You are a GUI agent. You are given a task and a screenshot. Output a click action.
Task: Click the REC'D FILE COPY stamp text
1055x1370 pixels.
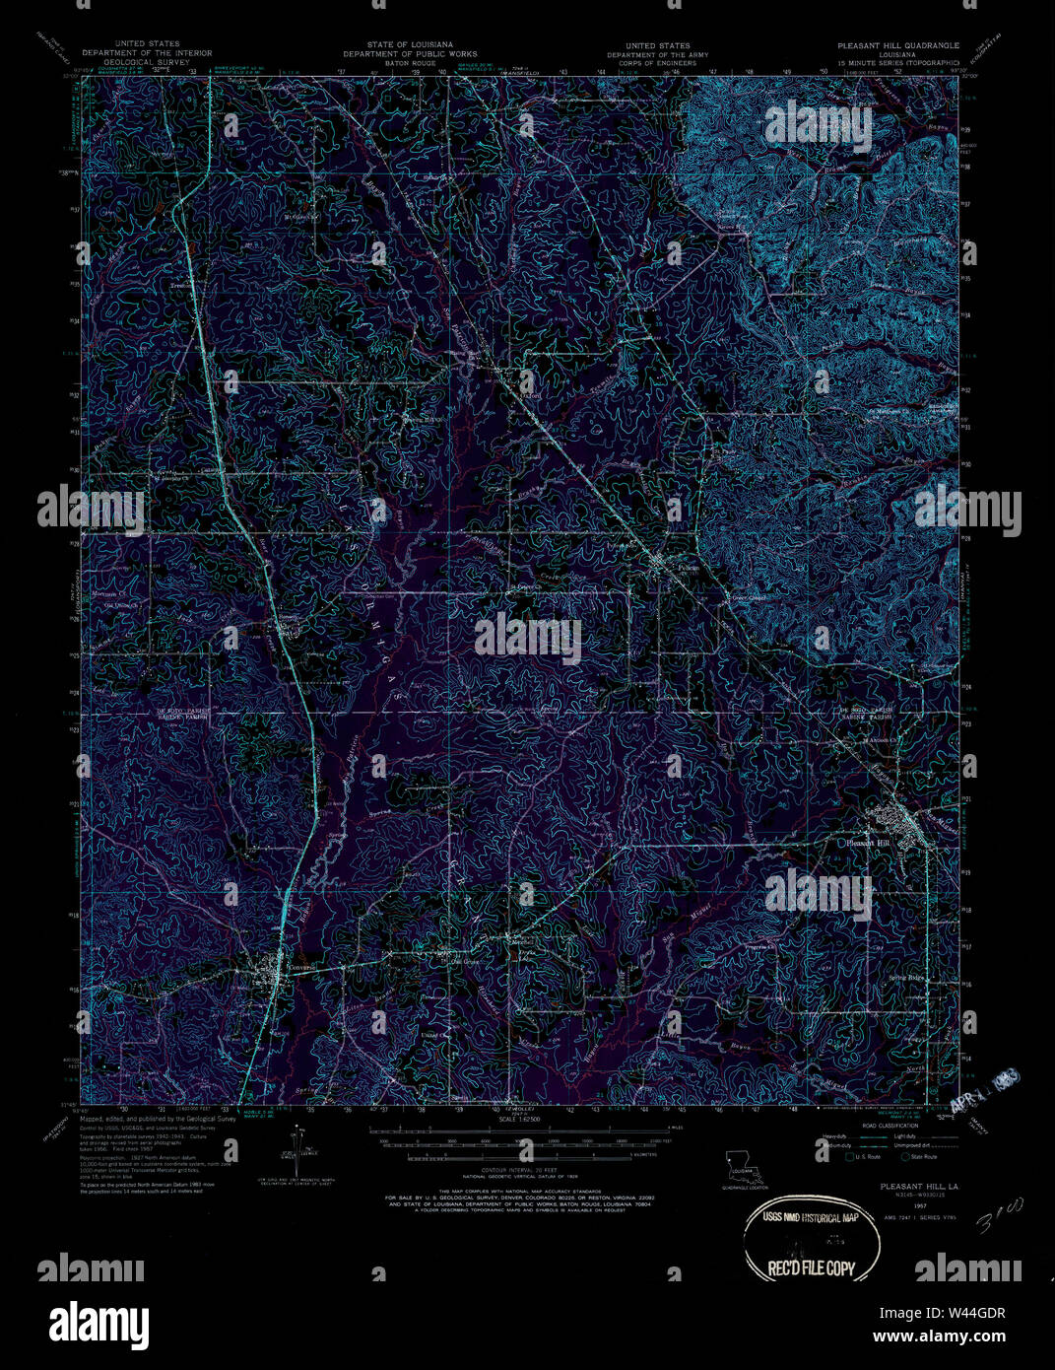pyautogui.click(x=804, y=1269)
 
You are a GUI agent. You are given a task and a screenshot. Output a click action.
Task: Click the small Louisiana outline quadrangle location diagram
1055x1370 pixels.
pyautogui.click(x=737, y=1163)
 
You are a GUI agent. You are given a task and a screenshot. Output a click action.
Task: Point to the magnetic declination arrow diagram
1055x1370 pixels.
pyautogui.click(x=298, y=1149)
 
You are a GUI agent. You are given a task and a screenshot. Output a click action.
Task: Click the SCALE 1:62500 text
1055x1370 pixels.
pyautogui.click(x=521, y=1120)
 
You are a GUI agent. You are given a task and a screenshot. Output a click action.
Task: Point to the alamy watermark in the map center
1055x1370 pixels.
pyautogui.click(x=528, y=638)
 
